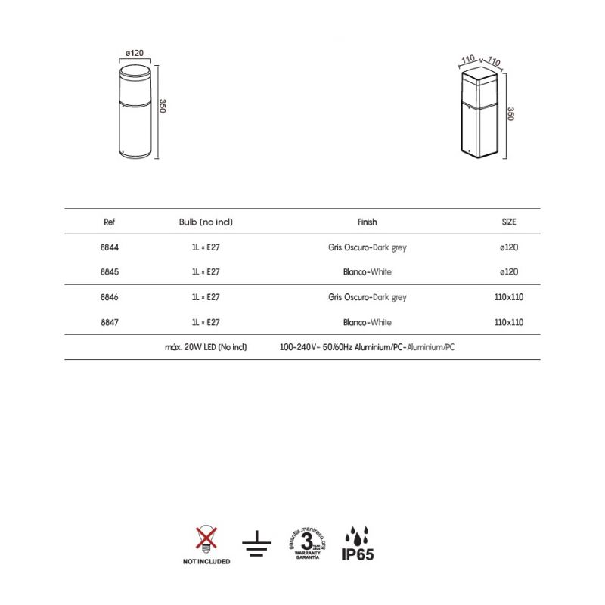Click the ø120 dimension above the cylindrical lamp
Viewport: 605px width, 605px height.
[x=133, y=53]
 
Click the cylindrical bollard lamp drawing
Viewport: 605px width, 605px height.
[x=133, y=111]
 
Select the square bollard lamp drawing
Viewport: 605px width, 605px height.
[x=479, y=113]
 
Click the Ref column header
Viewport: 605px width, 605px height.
[x=109, y=222]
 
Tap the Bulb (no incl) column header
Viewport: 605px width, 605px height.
[x=206, y=222]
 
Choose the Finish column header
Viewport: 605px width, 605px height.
[x=367, y=222]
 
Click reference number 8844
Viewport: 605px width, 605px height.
[x=109, y=247]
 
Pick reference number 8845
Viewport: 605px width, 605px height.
[x=109, y=271]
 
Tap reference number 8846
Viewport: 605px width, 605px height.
[x=109, y=297]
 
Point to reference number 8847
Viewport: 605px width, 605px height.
[x=109, y=322]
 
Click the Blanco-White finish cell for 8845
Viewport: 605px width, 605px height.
[x=367, y=271]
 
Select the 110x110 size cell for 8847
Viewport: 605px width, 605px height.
[x=508, y=322]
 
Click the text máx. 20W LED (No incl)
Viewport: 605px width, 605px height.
[x=206, y=347]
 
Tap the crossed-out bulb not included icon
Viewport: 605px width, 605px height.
[x=205, y=538]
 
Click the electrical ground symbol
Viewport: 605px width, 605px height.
[x=257, y=543]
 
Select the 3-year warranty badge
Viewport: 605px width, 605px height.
[x=307, y=543]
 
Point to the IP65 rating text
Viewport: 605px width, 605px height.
[x=357, y=554]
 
